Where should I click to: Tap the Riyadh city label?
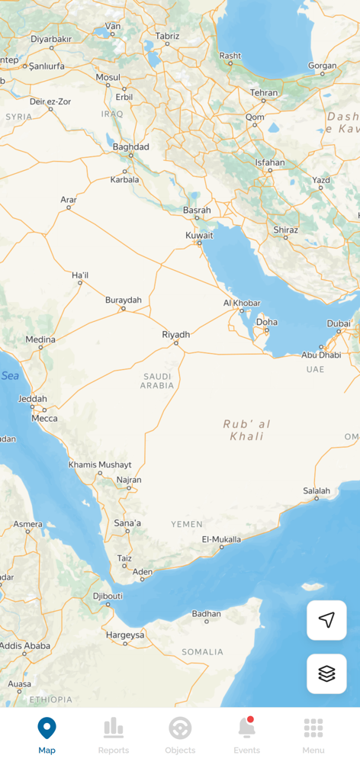(175, 334)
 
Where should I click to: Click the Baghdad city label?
(130, 146)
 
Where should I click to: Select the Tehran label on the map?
(264, 92)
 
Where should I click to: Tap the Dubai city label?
(339, 323)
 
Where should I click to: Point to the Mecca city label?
(44, 418)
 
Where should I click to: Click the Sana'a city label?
(127, 523)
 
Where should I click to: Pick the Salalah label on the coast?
(317, 490)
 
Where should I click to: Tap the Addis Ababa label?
(24, 645)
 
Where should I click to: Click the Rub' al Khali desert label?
(246, 430)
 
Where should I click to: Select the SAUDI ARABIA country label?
(157, 381)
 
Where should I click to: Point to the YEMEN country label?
(187, 524)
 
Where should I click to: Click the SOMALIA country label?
(203, 652)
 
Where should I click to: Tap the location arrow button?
(326, 620)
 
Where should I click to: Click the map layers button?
(326, 673)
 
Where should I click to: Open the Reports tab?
(114, 736)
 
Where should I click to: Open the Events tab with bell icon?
(246, 736)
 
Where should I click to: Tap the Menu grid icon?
(313, 736)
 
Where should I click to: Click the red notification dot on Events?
(250, 719)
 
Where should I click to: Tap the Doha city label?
(267, 322)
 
